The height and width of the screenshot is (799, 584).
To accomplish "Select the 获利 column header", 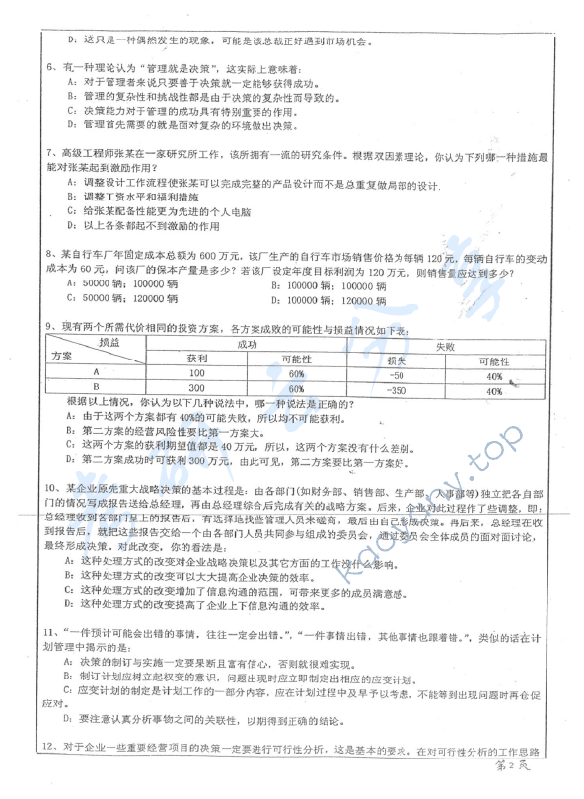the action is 196,360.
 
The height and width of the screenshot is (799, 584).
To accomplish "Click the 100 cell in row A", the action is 195,375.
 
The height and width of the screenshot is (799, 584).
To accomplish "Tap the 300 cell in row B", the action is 195,390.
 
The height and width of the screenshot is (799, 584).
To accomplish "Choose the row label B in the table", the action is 96,390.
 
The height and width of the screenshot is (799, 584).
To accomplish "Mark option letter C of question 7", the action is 71,210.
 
